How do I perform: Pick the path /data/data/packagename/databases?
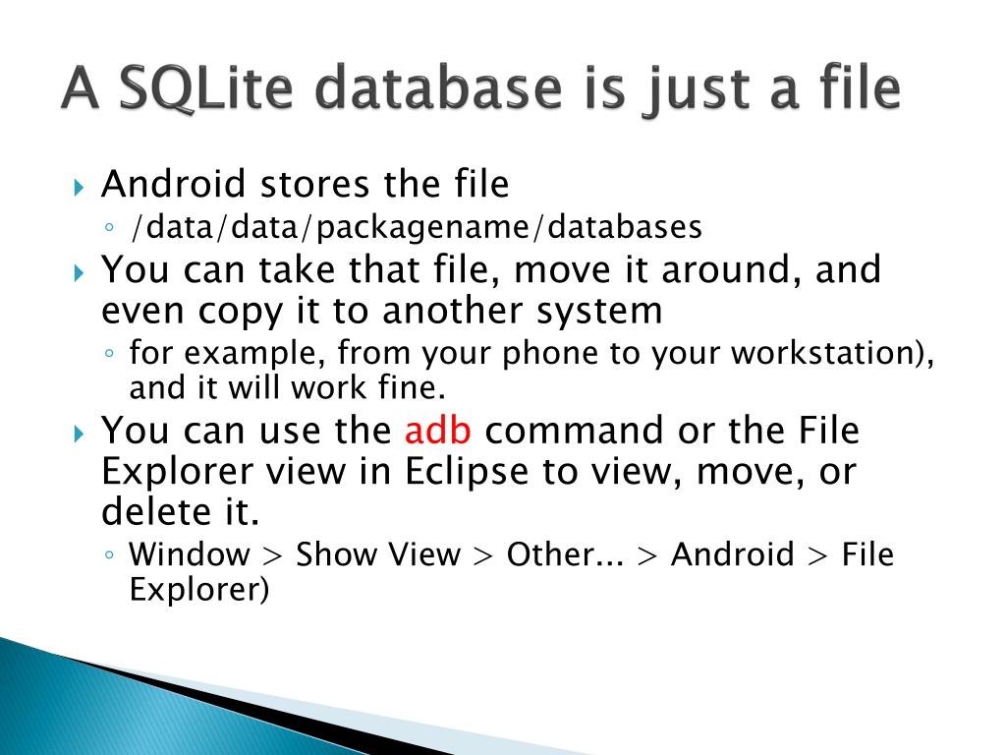(416, 227)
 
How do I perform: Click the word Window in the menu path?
(190, 554)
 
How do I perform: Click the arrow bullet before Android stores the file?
(80, 186)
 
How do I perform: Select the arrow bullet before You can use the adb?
(80, 433)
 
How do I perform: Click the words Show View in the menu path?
(377, 554)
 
